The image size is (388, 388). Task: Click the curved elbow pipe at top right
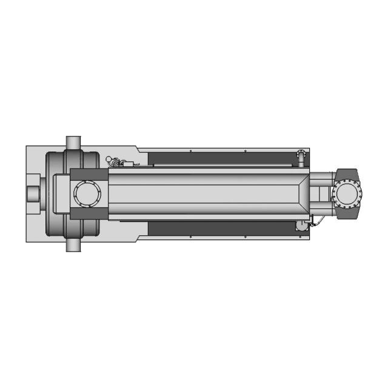pos(299,156)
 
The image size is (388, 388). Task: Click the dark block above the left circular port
pos(88,175)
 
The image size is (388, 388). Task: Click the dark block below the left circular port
pos(88,213)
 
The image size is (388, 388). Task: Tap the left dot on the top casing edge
pos(190,151)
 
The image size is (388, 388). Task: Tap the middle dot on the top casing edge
pos(245,150)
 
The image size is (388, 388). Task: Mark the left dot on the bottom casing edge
pos(190,237)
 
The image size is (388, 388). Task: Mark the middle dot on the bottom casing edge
pos(245,237)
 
